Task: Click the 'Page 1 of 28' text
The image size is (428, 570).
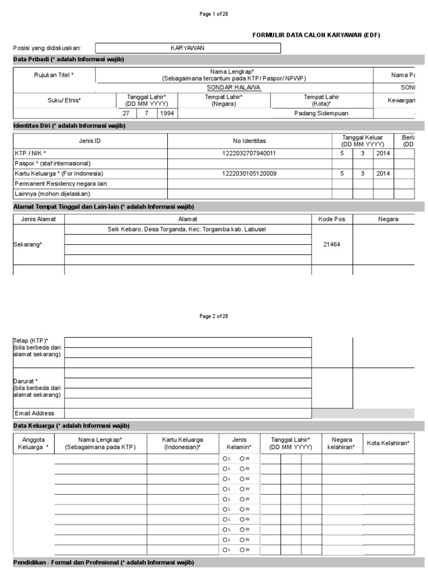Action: pos(214,14)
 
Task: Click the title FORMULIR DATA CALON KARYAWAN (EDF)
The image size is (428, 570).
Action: pos(317,35)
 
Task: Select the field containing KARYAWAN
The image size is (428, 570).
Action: pos(188,48)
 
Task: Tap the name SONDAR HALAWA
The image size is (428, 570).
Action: pos(234,88)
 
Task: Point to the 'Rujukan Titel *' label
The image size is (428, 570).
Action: pos(54,75)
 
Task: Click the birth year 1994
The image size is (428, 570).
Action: pos(166,113)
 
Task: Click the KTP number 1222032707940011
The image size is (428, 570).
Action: pos(250,153)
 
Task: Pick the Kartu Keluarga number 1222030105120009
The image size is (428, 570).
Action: pos(250,173)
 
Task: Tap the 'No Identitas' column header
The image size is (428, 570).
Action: pos(250,141)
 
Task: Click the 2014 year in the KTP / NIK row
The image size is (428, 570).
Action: pos(383,153)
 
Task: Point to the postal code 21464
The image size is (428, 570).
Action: pos(332,244)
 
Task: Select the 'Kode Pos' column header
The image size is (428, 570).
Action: pos(332,219)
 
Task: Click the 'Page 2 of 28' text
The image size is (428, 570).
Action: pos(214,316)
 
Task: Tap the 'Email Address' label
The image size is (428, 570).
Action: pos(35,413)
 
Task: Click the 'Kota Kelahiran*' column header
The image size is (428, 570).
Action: pos(388,443)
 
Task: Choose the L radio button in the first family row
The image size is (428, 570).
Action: pos(225,459)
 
